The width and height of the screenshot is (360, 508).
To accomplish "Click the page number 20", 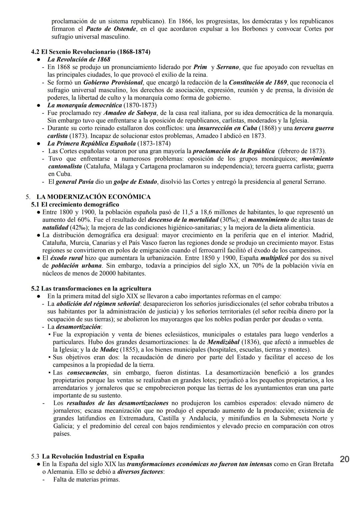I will coord(344,459).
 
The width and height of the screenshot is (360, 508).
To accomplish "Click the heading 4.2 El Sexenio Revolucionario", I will coord(90,52).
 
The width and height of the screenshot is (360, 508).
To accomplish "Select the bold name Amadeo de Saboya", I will coord(130,113).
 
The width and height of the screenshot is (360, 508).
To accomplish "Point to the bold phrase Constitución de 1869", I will coord(258,82).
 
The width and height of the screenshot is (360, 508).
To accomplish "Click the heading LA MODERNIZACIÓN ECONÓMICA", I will coord(93,197).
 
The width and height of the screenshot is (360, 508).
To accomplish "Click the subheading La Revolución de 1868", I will coord(79,60).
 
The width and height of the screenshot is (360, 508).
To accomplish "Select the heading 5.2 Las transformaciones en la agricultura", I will coord(91,288).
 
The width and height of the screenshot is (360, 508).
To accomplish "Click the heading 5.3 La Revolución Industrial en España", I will coord(88,456).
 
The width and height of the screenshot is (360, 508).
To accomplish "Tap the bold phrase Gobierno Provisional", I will coord(113,82).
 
